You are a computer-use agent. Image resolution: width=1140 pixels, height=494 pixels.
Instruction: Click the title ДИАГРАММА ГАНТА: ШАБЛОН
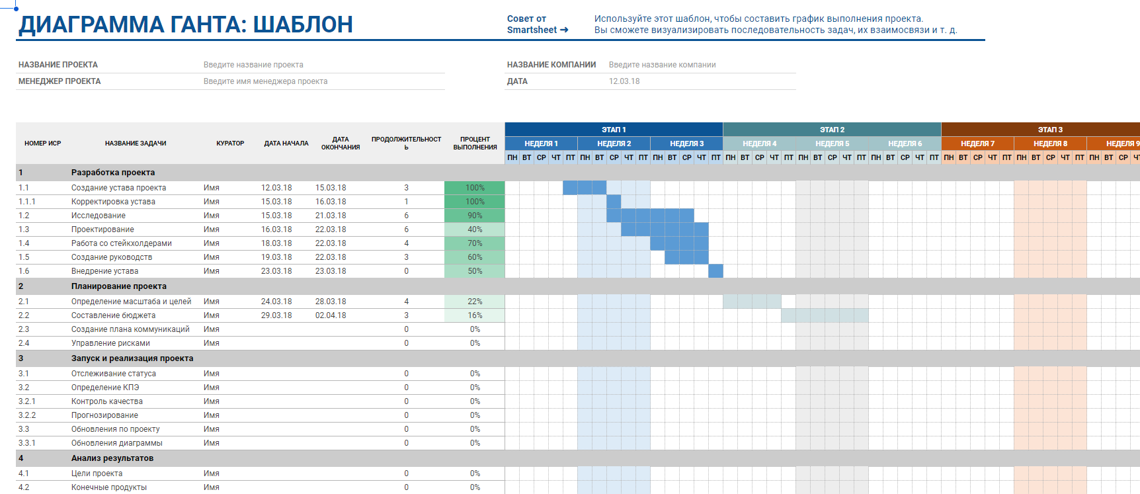[186, 24]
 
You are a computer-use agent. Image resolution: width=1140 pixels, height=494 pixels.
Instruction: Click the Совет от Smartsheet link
[537, 24]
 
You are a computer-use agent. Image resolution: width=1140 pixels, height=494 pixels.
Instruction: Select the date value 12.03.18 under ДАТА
[624, 81]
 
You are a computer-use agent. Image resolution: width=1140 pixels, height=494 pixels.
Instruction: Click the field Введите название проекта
[253, 65]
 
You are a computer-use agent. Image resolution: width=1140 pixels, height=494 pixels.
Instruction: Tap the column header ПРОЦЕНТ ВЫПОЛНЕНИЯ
[475, 144]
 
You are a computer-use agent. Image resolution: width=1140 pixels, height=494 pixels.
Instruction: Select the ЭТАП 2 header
[832, 130]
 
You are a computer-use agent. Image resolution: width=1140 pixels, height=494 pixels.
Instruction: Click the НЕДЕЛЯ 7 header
[977, 144]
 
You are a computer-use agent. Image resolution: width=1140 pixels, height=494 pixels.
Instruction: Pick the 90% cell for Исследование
[475, 216]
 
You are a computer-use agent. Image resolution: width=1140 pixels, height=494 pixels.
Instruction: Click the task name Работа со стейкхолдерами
[121, 243]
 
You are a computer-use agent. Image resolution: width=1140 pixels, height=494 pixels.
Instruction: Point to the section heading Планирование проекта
[119, 286]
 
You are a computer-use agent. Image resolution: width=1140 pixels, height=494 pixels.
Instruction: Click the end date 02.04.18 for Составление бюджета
[331, 315]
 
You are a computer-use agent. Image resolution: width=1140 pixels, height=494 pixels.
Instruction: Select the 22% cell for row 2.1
[475, 302]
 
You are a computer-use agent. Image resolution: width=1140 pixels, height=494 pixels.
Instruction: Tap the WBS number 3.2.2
[27, 415]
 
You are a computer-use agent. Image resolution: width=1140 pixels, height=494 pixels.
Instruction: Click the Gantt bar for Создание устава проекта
[585, 188]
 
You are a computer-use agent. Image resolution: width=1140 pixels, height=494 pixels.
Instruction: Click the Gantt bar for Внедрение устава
[715, 271]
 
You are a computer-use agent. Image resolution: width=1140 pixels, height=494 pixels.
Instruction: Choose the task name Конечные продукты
[109, 487]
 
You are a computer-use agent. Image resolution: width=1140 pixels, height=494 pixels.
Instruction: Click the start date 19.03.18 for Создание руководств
[276, 257]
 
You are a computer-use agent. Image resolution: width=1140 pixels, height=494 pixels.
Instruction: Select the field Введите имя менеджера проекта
[265, 81]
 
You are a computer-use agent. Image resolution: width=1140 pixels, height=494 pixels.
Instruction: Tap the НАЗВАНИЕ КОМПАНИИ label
[551, 65]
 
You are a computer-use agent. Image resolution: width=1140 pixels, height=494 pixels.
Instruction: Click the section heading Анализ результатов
[112, 458]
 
